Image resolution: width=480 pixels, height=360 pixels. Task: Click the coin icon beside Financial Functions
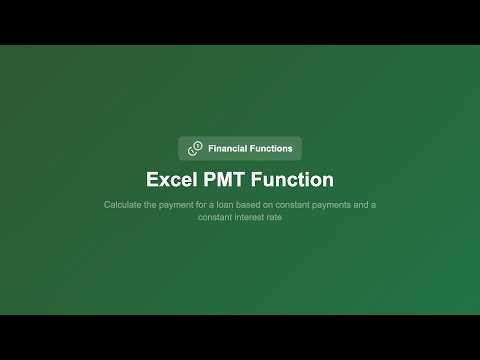[x=195, y=148]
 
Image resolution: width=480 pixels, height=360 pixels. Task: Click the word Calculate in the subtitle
[x=123, y=205]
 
